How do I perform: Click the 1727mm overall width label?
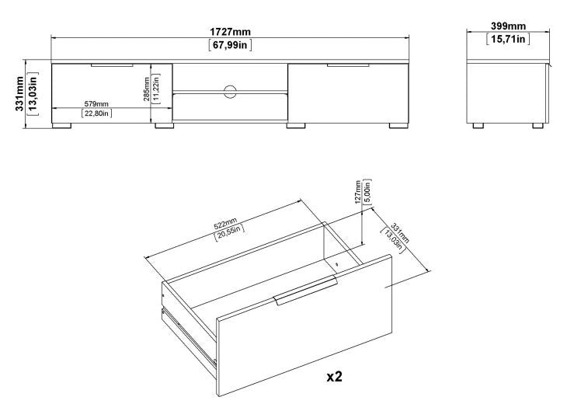(x=231, y=32)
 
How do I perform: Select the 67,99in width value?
(x=231, y=44)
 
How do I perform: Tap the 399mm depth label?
(x=507, y=26)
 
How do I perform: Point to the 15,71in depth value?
(x=507, y=39)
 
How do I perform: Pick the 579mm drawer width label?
(x=96, y=103)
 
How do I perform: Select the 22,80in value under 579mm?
(x=96, y=114)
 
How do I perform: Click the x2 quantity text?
(x=334, y=377)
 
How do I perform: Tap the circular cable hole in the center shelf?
(x=230, y=92)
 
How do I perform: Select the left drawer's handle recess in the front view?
(x=111, y=66)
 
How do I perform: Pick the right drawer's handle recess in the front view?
(x=347, y=66)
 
